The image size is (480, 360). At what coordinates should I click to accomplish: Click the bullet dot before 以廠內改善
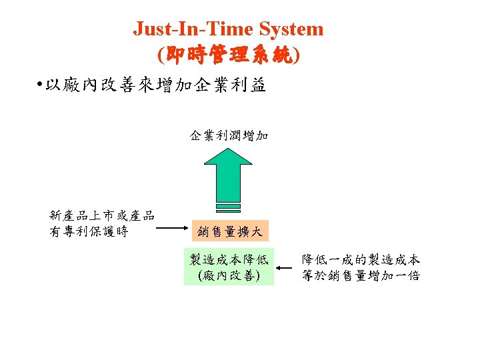(x=41, y=85)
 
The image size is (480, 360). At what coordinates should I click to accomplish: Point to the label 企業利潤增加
(x=229, y=136)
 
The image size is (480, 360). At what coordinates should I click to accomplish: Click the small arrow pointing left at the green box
(x=285, y=268)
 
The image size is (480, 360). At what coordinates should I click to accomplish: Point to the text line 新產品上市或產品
(x=102, y=215)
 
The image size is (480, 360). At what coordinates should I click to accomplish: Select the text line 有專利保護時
(x=89, y=231)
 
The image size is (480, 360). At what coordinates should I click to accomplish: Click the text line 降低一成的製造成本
(x=361, y=260)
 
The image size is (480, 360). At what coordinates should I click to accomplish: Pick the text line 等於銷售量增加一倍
(x=361, y=275)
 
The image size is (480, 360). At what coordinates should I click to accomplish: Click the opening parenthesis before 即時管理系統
(x=159, y=55)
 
